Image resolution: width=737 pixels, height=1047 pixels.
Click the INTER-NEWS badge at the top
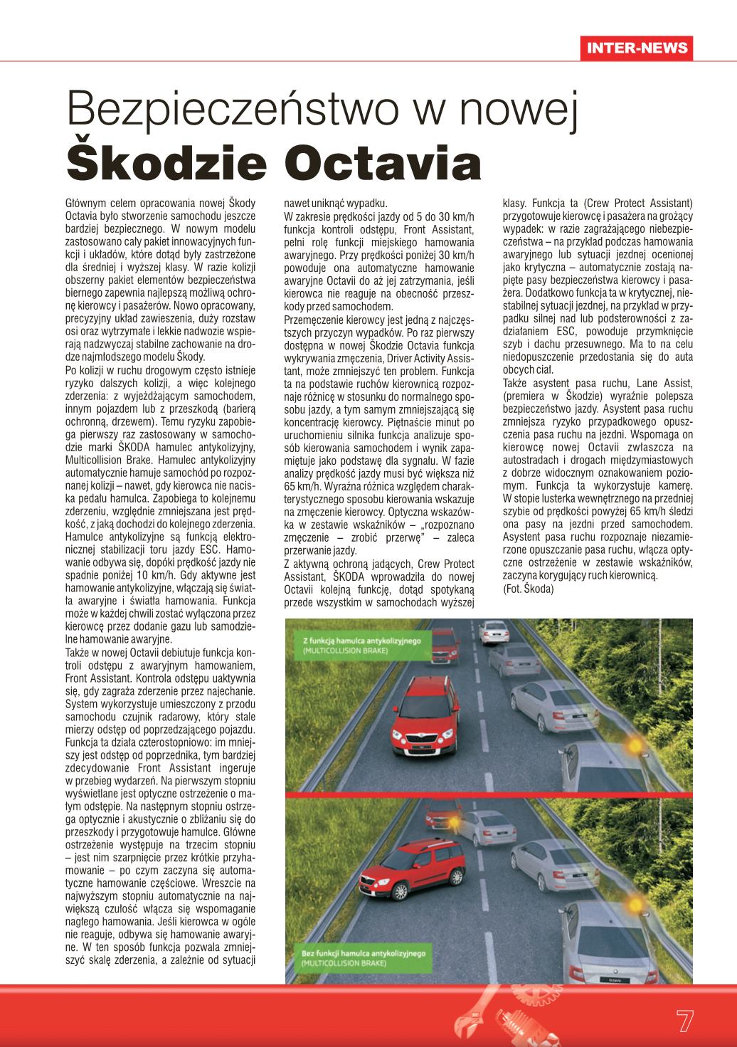[637, 48]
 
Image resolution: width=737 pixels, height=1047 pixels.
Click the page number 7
[684, 1020]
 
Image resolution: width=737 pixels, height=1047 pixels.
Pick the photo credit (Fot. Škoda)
[528, 589]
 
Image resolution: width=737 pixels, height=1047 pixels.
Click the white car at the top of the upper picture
[493, 631]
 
